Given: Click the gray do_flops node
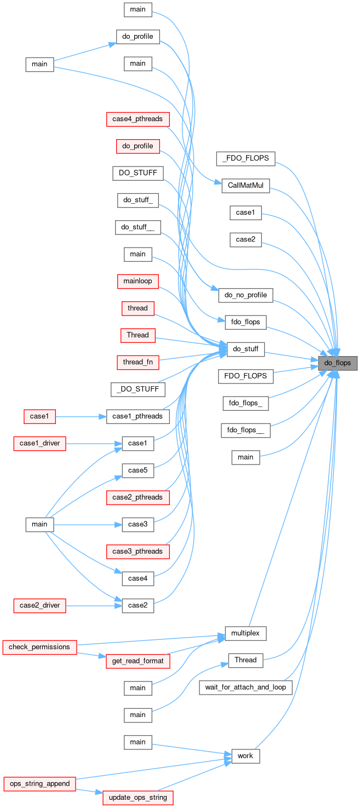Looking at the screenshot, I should pos(338,363).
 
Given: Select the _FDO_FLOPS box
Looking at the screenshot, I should pos(245,159).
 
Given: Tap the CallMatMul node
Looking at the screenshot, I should pos(245,186).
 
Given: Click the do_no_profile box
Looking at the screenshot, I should pos(245,295).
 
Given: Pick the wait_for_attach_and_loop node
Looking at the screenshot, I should pos(245,687).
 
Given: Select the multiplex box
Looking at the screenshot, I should pos(245,633).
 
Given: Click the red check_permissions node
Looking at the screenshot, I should pos(39,647).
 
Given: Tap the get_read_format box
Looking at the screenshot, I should pos(138,661).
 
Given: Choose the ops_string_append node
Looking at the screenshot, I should pos(39,783).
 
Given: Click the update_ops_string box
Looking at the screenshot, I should pos(138,797).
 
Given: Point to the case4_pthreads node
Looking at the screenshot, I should pos(138,118).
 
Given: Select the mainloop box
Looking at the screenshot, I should pos(138,281).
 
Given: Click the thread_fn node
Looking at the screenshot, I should pos(138,362).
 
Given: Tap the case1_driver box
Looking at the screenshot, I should pos(39,444).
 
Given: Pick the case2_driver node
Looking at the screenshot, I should pos(39,605).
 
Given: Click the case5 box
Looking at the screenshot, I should pos(138,470).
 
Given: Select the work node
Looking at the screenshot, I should pos(245,756).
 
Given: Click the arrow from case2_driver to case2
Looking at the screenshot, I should pos(94,606).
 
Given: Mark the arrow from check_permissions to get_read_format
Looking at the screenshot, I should pos(91,654).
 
